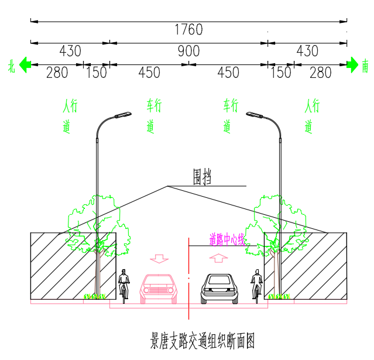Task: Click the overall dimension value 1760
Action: point(188,29)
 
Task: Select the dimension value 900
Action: point(188,51)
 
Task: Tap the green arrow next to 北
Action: point(25,64)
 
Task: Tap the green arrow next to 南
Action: point(352,64)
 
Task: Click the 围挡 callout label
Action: point(203,177)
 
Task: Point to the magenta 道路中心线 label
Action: point(227,239)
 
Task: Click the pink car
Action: point(158,289)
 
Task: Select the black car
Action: point(220,289)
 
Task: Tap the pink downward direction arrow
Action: point(159,258)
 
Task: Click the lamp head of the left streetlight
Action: point(122,115)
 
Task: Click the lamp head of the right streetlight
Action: point(253,115)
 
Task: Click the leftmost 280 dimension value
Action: point(57,73)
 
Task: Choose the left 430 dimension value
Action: point(70,51)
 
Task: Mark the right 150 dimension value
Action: point(280,73)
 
